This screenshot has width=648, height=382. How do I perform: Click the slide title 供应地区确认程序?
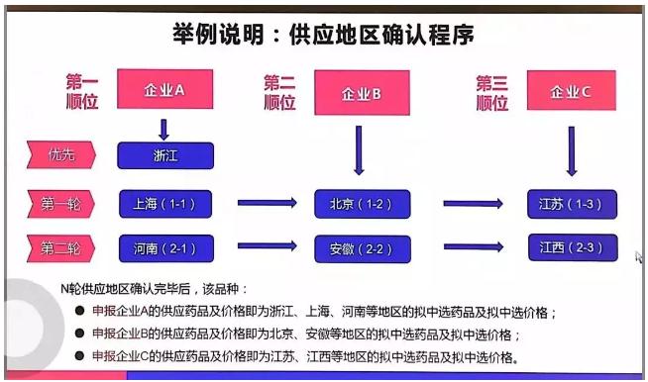coord(324,34)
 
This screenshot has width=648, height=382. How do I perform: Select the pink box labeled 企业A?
coord(164,90)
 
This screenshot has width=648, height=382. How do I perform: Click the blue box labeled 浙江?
coord(165,155)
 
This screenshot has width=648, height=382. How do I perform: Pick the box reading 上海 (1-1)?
coord(165,204)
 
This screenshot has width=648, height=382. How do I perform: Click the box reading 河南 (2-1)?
coord(165,246)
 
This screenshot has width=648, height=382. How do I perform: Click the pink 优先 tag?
coord(61,154)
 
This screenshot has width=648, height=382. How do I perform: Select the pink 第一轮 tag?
coord(61,204)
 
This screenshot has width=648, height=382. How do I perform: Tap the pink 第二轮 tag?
coord(61,246)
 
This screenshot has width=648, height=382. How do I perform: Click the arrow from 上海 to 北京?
coord(267,204)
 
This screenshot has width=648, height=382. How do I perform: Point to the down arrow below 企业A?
coord(164,129)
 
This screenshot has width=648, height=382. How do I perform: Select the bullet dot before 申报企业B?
coord(79,334)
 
